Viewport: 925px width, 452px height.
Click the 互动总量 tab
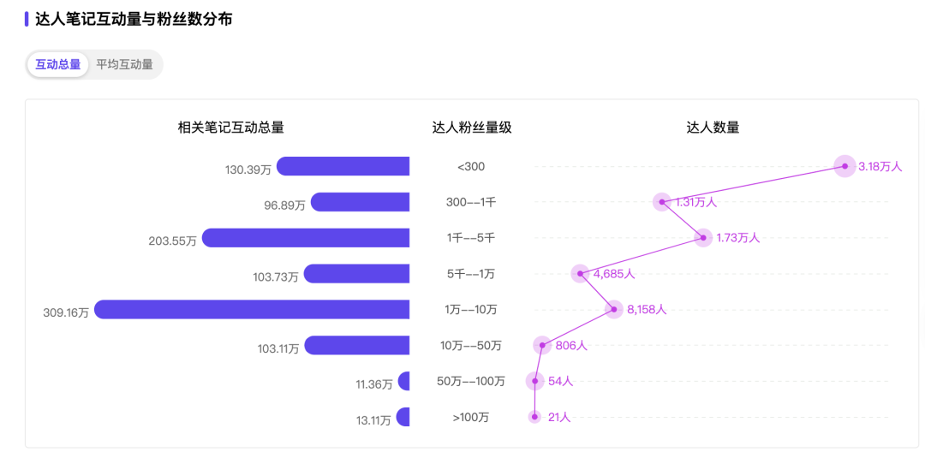point(58,64)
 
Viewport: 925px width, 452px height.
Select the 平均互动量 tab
point(124,64)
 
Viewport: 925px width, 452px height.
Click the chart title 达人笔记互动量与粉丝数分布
point(134,19)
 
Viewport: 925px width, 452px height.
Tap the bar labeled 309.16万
point(252,309)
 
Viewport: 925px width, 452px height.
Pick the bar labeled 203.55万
point(306,238)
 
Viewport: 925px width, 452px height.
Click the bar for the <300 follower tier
point(343,166)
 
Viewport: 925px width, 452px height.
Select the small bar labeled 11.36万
point(404,381)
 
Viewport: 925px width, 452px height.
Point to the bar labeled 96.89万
point(360,202)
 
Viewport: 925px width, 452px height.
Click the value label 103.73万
point(276,277)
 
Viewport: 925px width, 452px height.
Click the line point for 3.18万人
point(844,166)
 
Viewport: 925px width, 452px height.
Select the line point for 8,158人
point(613,309)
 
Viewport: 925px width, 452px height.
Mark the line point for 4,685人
point(580,274)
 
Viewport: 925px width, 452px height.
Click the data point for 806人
point(542,345)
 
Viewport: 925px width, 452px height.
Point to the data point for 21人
point(534,417)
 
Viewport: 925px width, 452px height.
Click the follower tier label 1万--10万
point(471,310)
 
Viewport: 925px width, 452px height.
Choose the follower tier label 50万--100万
point(471,381)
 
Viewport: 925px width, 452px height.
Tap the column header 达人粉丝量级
point(472,128)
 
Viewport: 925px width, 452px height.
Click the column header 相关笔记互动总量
point(231,128)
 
